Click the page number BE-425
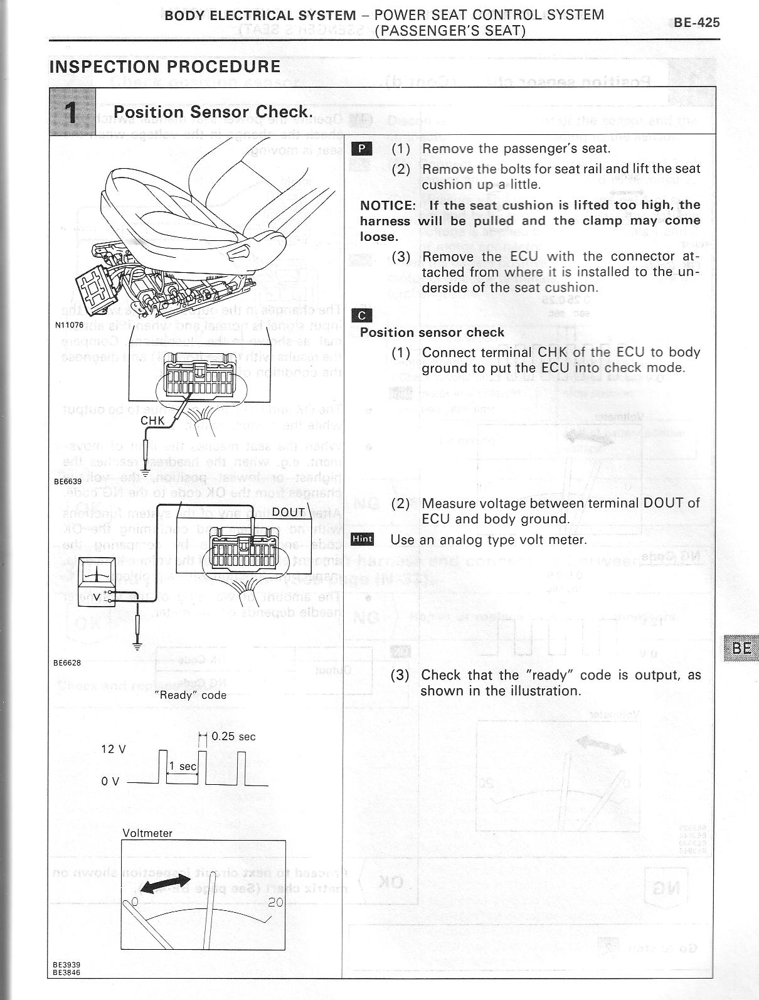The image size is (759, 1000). tap(696, 23)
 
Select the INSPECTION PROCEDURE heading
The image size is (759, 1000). tap(164, 66)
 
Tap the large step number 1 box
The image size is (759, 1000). tap(73, 112)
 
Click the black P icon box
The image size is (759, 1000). tap(362, 149)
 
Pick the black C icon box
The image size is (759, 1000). tap(363, 315)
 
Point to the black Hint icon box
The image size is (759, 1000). tap(363, 539)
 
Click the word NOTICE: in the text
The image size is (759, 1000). tap(388, 205)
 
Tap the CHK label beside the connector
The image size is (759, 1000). tap(152, 420)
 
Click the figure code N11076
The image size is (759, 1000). tap(69, 325)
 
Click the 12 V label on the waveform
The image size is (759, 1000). tap(114, 749)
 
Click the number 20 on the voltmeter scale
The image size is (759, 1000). tap(275, 902)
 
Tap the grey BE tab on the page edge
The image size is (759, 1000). tap(741, 647)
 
